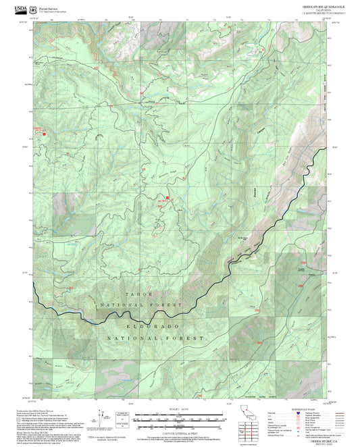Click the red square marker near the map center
(168, 198)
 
